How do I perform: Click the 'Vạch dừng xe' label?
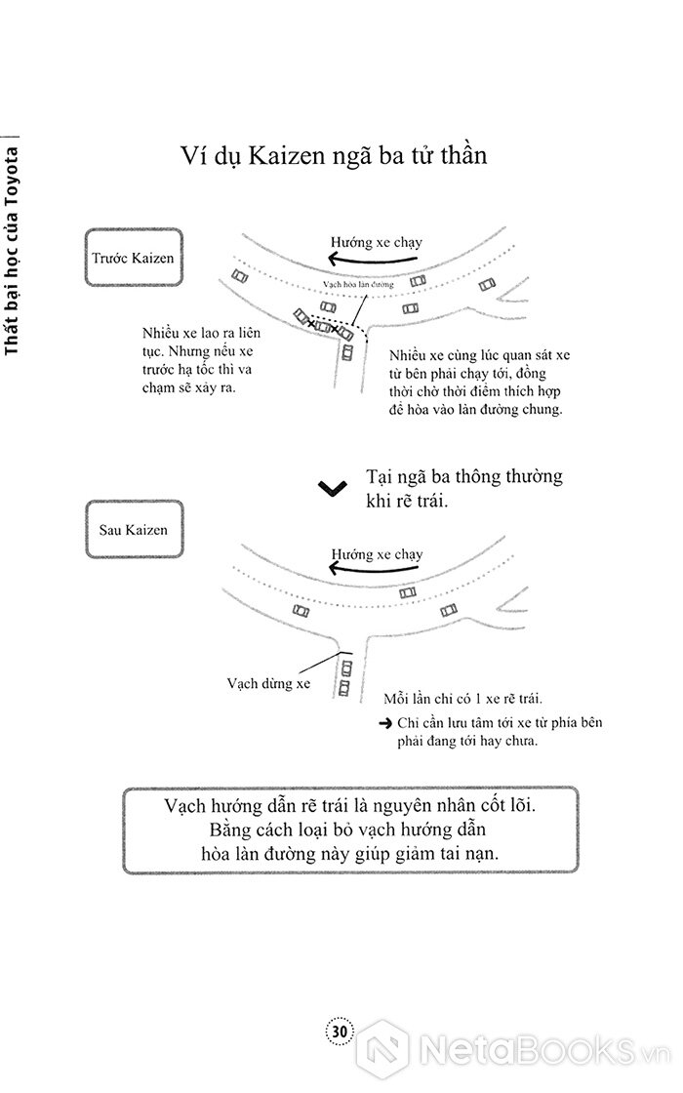267,684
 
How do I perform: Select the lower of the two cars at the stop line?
343,689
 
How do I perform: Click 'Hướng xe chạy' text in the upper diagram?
377,240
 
